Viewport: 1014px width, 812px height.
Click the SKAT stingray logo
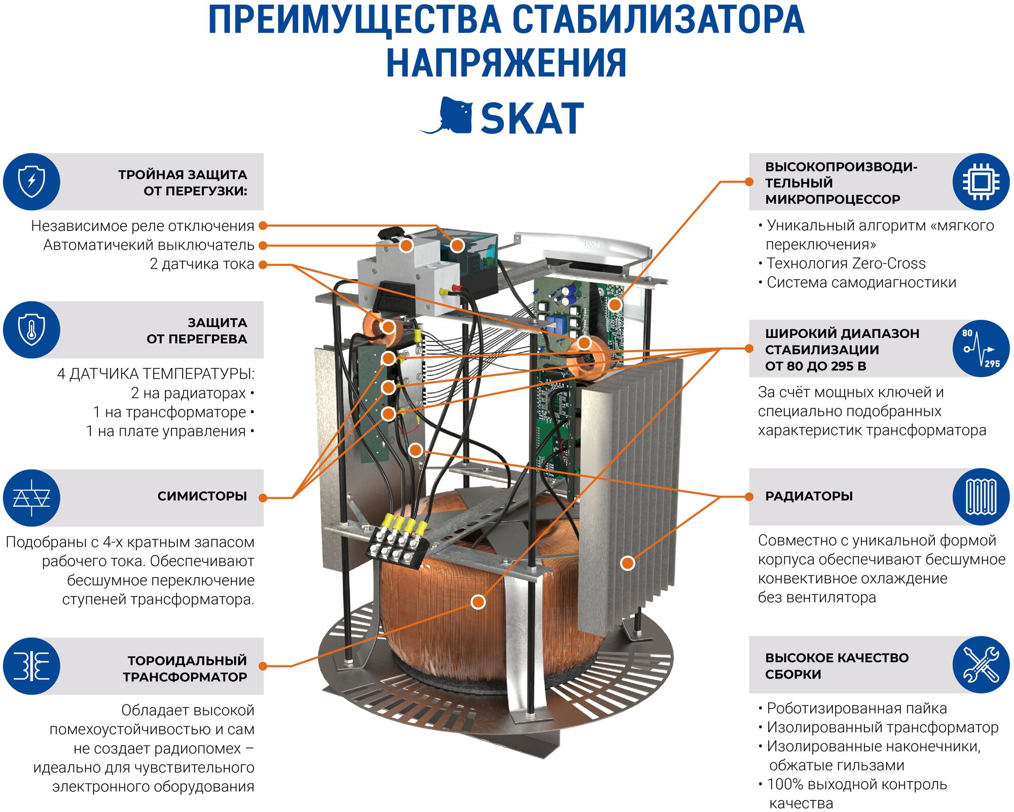[449, 116]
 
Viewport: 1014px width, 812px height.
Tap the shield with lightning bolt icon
[31, 181]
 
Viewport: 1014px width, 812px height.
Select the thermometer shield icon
[31, 329]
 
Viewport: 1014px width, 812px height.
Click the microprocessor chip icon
[981, 181]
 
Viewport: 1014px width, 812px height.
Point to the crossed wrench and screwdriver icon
[981, 664]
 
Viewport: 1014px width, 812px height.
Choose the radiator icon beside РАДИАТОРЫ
[981, 496]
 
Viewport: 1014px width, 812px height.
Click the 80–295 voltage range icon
[981, 348]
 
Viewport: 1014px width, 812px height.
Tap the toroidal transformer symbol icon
[31, 666]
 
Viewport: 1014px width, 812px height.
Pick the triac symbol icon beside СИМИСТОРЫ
[31, 497]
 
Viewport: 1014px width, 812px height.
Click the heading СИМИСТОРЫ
[202, 496]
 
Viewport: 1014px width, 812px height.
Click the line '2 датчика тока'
[202, 264]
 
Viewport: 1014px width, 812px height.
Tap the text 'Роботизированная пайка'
[856, 708]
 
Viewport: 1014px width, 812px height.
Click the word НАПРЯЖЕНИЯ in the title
[506, 63]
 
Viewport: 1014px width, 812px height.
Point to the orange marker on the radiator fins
[628, 562]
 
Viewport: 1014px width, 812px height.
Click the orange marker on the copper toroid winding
[478, 602]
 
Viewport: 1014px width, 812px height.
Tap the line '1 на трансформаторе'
[170, 412]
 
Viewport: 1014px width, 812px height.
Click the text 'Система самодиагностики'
[861, 282]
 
